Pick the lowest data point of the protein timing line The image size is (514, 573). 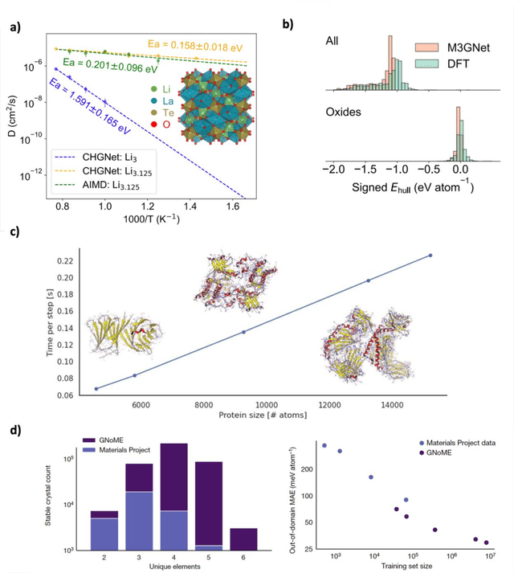(96, 388)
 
